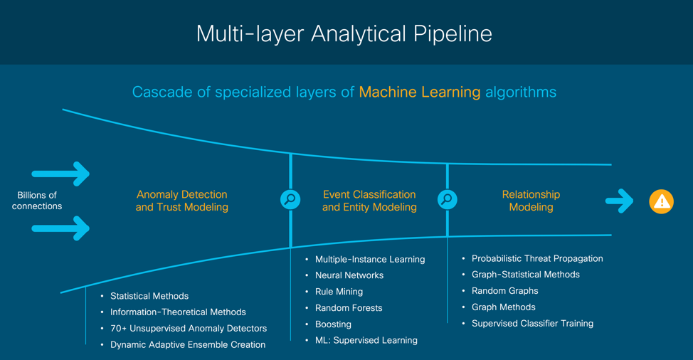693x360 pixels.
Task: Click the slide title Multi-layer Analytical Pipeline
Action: click(344, 33)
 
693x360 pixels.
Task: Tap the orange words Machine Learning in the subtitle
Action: click(419, 92)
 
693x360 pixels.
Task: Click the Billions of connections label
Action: click(37, 201)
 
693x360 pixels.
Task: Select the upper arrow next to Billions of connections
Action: click(62, 174)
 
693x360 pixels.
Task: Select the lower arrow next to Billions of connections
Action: click(62, 228)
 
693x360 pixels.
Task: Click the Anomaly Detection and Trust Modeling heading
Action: click(182, 201)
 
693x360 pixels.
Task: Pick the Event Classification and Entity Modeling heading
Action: click(369, 201)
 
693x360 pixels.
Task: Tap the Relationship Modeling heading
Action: click(531, 201)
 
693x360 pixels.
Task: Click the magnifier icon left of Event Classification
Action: click(290, 199)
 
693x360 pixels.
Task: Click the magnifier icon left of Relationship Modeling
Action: click(447, 199)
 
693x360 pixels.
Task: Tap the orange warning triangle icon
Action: click(661, 201)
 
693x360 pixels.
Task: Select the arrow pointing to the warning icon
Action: click(620, 201)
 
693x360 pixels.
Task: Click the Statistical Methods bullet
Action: click(149, 296)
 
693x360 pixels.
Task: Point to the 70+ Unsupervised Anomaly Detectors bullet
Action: click(189, 328)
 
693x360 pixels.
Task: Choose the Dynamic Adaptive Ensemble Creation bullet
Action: click(188, 344)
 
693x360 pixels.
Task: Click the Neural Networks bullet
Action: click(349, 275)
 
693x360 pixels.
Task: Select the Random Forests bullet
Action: click(349, 308)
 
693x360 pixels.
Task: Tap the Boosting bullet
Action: click(333, 324)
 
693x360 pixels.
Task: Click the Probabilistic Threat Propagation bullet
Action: click(537, 258)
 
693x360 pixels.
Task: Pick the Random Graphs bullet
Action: click(504, 291)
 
